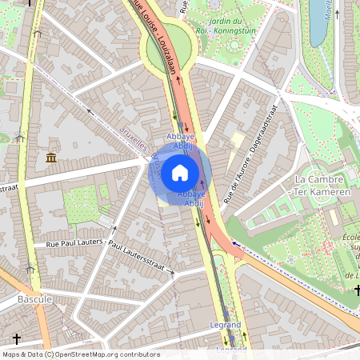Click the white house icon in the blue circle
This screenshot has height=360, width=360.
(180, 173)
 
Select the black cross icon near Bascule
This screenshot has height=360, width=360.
(17, 339)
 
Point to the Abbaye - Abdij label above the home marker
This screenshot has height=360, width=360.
(181, 141)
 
